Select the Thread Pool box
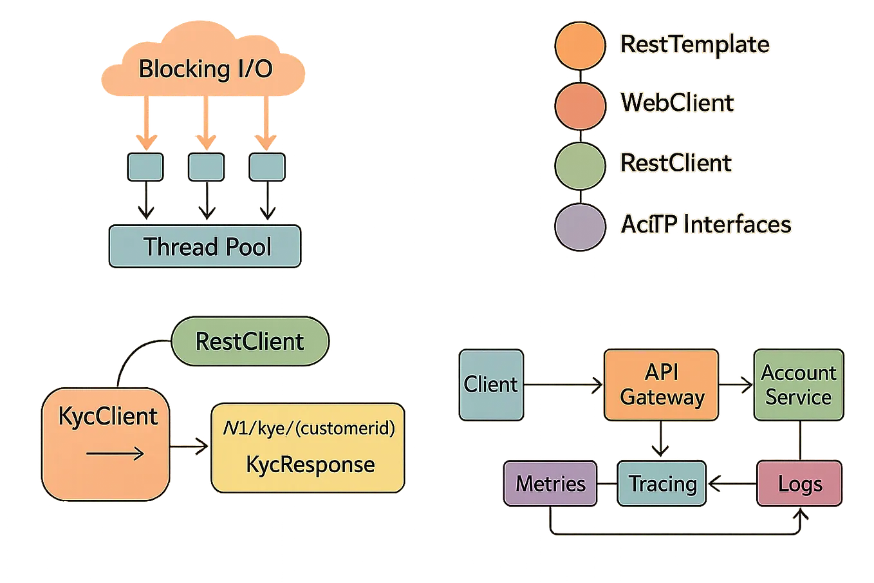coord(205,246)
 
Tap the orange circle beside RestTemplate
coord(579,44)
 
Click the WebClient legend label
coord(676,103)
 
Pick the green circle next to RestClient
coord(579,164)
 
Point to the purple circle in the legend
coord(579,225)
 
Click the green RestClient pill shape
coord(250,341)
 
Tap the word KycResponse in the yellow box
coord(310,464)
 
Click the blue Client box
coord(491,385)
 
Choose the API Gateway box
coord(662,385)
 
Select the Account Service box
coord(798,385)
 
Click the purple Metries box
coord(550,484)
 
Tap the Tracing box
coord(662,484)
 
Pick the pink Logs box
coord(799,484)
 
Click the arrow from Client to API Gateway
coord(563,385)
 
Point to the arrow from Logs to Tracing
coord(731,484)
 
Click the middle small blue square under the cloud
coord(206,167)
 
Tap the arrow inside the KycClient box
coord(115,454)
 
